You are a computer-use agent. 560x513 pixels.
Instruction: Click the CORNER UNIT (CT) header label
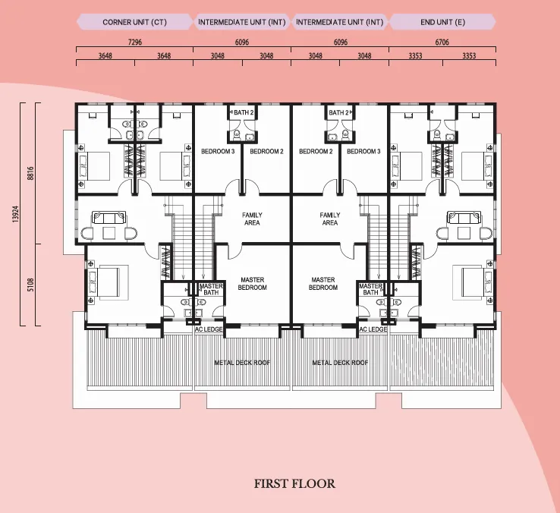point(134,22)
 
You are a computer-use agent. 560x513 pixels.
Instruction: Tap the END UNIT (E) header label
point(442,22)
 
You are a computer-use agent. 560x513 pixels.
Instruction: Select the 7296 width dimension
point(134,42)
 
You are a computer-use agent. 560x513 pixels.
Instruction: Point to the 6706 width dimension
point(442,42)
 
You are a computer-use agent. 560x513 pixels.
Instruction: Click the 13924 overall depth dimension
point(15,214)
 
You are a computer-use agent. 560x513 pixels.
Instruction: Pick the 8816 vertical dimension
point(30,173)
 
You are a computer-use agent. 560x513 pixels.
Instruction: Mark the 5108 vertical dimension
point(30,285)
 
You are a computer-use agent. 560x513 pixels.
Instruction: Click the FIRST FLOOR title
point(294,483)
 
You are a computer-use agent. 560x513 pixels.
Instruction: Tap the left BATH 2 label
point(244,112)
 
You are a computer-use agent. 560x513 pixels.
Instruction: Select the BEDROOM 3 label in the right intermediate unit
point(363,152)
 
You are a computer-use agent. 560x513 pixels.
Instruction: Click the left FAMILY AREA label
point(252,219)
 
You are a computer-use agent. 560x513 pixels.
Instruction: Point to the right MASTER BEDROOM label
point(322,284)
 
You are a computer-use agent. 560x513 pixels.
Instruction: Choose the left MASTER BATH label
point(211,289)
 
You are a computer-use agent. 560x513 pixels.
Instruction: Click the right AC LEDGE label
point(373,329)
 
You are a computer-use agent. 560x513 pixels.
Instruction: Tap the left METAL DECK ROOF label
point(242,363)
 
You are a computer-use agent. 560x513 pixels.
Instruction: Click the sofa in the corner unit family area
point(109,218)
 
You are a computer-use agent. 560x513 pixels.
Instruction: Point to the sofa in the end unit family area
point(464,218)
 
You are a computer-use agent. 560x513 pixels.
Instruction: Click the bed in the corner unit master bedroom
point(109,282)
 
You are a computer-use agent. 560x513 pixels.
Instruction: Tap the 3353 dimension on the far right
point(469,55)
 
